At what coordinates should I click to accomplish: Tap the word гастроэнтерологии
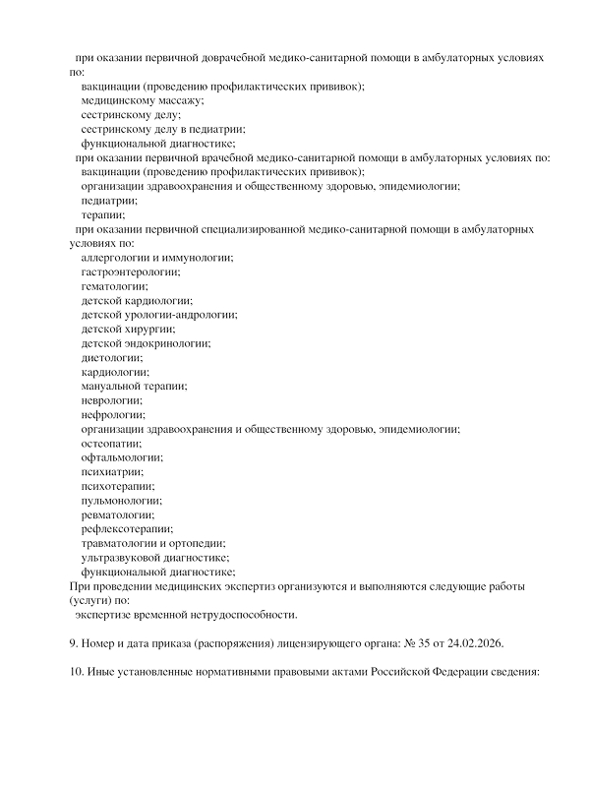[x=131, y=272]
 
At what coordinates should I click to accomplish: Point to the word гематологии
[x=114, y=286]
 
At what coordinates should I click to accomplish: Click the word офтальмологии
[x=122, y=457]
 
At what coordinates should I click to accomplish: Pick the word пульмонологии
[x=122, y=501]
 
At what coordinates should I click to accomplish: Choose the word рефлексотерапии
[x=127, y=529]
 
